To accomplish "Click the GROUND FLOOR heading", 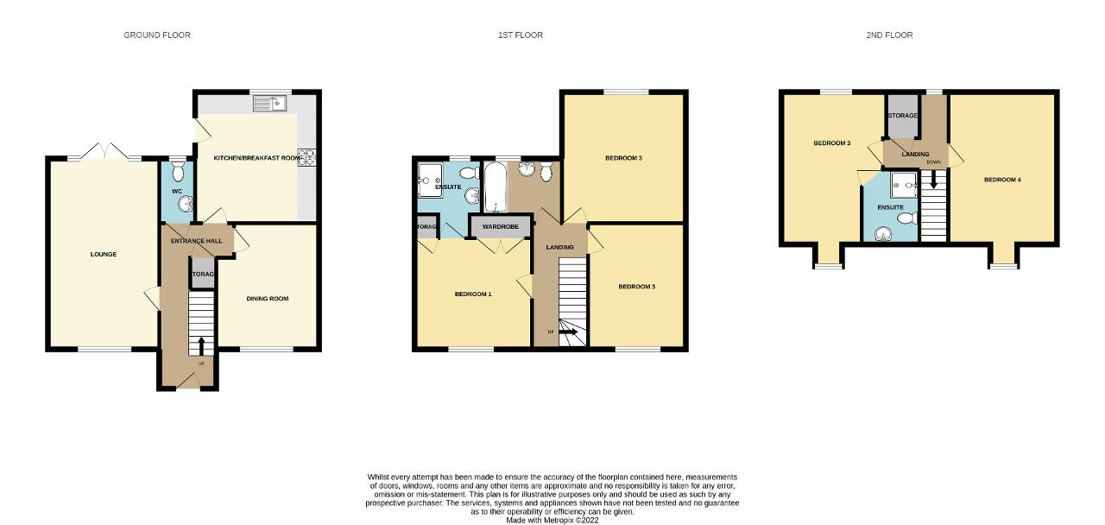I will pyautogui.click(x=157, y=35).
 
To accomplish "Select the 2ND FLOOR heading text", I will pyautogui.click(x=889, y=35).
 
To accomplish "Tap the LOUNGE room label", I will pyautogui.click(x=104, y=254).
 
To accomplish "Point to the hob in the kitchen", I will pyautogui.click(x=306, y=157).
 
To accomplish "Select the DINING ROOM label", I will pyautogui.click(x=268, y=299).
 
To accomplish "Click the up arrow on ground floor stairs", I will pyautogui.click(x=201, y=345).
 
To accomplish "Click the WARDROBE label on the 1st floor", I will pyautogui.click(x=499, y=227).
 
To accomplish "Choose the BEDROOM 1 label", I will pyautogui.click(x=473, y=294).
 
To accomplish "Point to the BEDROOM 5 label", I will pyautogui.click(x=637, y=287).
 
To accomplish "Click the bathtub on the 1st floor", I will pyautogui.click(x=495, y=187).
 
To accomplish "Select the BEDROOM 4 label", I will pyautogui.click(x=1002, y=180).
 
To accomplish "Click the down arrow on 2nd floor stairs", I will pyautogui.click(x=933, y=180).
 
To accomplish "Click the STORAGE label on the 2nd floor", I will pyautogui.click(x=902, y=116).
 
